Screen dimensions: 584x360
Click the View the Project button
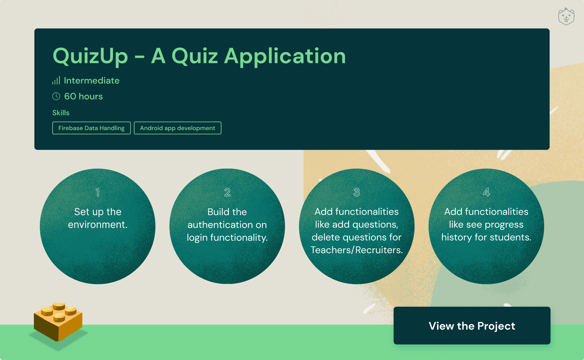click(x=472, y=325)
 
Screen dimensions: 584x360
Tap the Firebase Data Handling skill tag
click(x=92, y=128)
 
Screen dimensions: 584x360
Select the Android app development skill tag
click(x=178, y=128)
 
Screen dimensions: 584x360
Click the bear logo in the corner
click(x=566, y=16)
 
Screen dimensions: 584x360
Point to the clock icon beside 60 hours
click(x=56, y=96)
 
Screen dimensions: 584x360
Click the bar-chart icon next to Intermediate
click(x=56, y=80)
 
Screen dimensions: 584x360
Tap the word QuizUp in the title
click(x=90, y=56)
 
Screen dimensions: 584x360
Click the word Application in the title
click(x=285, y=56)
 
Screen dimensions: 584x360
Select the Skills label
click(x=61, y=113)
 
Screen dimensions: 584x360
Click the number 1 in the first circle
click(x=98, y=192)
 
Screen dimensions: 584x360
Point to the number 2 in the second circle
click(x=227, y=192)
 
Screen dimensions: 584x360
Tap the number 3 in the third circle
click(x=357, y=192)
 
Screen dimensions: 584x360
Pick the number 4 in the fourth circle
click(x=486, y=192)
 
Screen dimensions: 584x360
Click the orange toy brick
click(x=58, y=322)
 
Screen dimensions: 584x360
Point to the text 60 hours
click(x=84, y=96)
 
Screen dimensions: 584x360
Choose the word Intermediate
click(x=92, y=80)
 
